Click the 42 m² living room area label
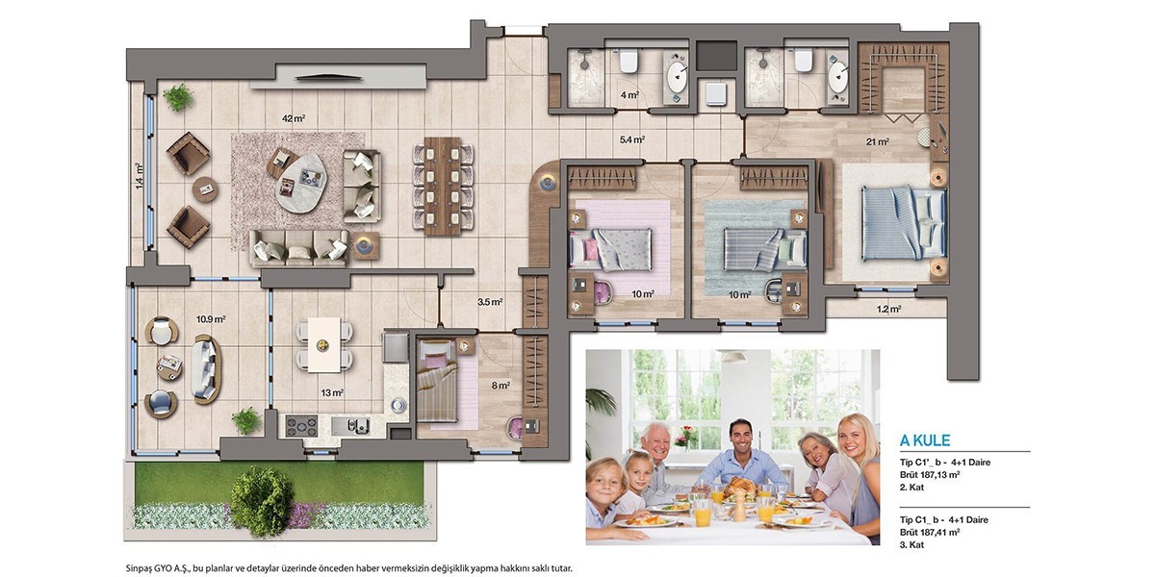pyautogui.click(x=294, y=118)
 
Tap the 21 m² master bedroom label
pyautogui.click(x=878, y=141)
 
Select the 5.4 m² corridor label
pyautogui.click(x=632, y=139)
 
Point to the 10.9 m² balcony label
pyautogui.click(x=211, y=319)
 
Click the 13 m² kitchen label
pyautogui.click(x=332, y=393)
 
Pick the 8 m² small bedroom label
pyautogui.click(x=500, y=386)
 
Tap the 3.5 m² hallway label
pyautogui.click(x=490, y=302)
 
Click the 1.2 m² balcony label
pyautogui.click(x=889, y=309)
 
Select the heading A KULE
pyautogui.click(x=925, y=440)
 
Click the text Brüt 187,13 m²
pyautogui.click(x=930, y=474)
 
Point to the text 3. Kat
pyautogui.click(x=911, y=544)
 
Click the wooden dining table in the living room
pyautogui.click(x=443, y=186)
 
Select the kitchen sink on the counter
pyautogui.click(x=350, y=425)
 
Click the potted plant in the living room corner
pyautogui.click(x=178, y=97)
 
